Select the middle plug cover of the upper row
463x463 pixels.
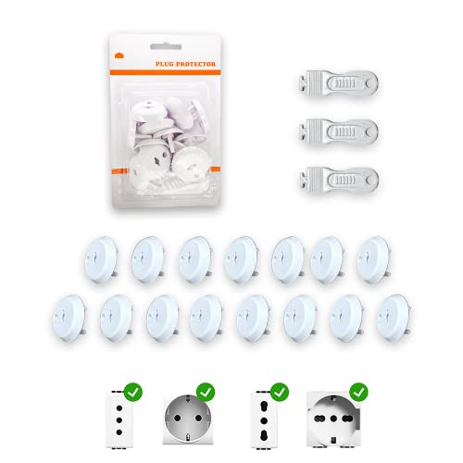[238, 257]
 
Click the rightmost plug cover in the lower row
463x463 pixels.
[394, 315]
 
